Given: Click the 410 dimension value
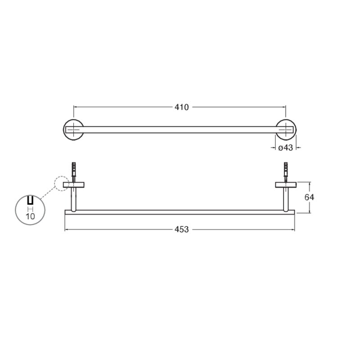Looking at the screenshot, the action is [x=182, y=107].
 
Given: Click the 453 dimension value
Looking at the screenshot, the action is [x=182, y=229].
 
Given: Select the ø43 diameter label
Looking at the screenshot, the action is [x=285, y=148].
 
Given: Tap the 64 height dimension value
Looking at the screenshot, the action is [x=309, y=197].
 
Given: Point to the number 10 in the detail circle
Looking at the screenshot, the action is [x=30, y=216].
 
